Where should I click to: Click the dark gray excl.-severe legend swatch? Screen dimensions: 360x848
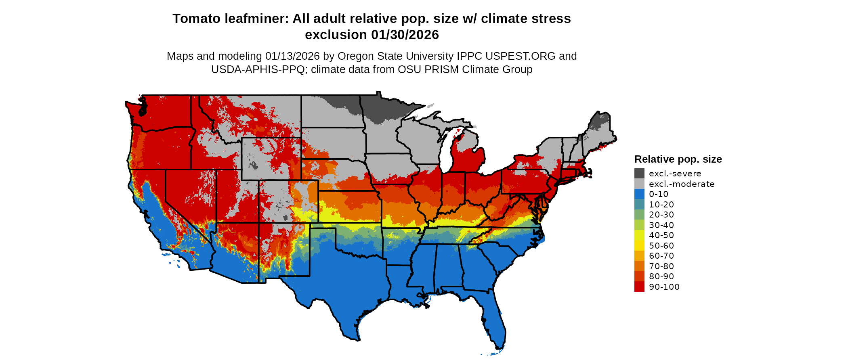(x=639, y=174)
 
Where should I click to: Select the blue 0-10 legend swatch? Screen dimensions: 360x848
(x=639, y=194)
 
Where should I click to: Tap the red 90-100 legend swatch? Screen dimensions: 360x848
(x=639, y=287)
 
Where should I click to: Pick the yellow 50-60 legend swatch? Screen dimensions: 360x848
(x=639, y=246)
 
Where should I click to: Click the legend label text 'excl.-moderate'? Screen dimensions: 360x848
(x=681, y=184)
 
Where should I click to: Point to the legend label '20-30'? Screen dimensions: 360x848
(x=661, y=215)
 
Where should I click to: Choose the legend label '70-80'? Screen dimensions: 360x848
(x=661, y=266)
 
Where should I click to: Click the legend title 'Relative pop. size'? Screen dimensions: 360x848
(x=678, y=159)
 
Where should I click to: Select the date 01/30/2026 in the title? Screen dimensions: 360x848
(x=405, y=35)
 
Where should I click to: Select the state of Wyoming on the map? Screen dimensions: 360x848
(x=271, y=159)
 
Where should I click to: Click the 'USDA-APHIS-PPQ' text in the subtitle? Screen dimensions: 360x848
(x=258, y=69)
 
